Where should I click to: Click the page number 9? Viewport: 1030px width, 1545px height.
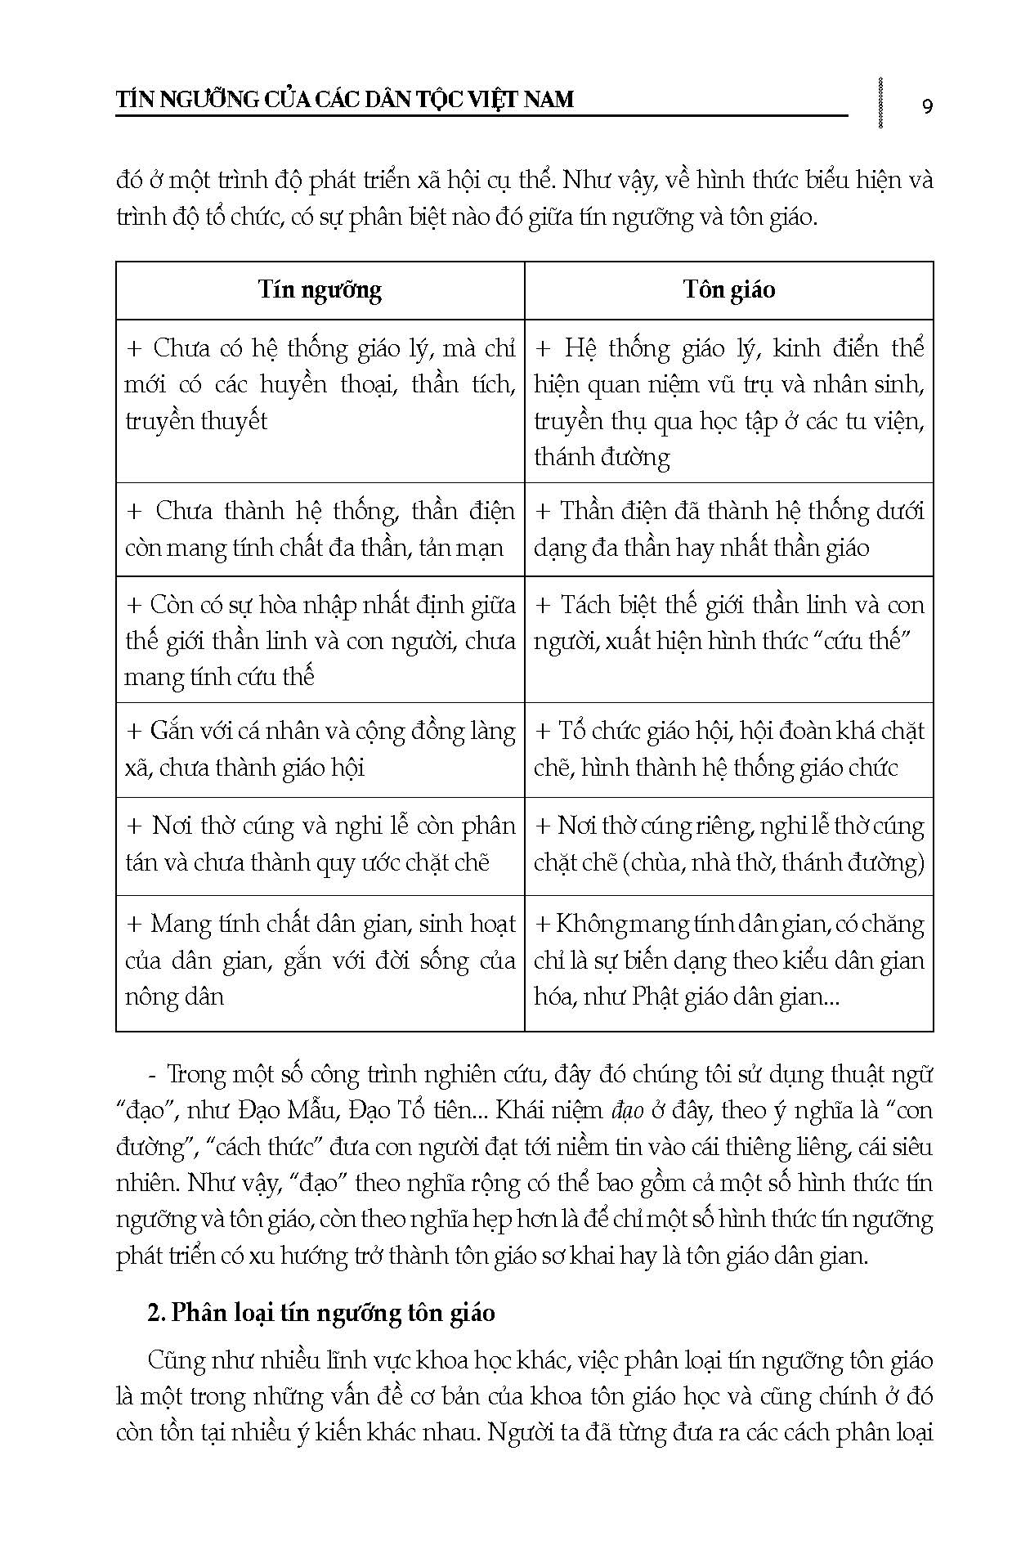click(x=927, y=105)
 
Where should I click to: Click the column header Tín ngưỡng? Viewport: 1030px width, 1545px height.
click(x=320, y=290)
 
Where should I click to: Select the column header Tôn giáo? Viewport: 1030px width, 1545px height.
click(x=728, y=290)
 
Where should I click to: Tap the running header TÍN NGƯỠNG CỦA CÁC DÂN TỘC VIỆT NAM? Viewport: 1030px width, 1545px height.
click(x=345, y=100)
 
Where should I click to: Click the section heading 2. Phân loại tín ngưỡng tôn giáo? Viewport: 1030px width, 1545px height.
click(x=321, y=1313)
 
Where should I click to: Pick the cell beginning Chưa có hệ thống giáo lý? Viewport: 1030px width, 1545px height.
click(x=320, y=384)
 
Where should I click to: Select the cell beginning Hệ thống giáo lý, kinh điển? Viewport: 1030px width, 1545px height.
click(x=728, y=401)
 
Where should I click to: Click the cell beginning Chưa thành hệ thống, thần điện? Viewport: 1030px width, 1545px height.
click(x=320, y=529)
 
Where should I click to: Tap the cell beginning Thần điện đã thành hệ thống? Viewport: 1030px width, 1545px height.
click(x=728, y=529)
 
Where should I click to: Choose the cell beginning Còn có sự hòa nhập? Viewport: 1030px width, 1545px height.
click(x=320, y=640)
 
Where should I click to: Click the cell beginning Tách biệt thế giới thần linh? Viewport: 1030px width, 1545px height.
click(x=728, y=623)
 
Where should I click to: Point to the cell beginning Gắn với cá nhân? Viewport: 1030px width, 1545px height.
click(x=320, y=749)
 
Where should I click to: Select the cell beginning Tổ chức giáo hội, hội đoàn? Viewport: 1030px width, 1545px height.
click(x=728, y=749)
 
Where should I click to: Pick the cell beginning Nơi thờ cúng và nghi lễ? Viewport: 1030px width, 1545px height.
click(x=320, y=844)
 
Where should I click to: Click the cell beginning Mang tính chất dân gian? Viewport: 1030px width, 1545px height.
click(x=320, y=960)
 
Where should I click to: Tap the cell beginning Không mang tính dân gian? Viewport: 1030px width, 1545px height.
click(x=728, y=960)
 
